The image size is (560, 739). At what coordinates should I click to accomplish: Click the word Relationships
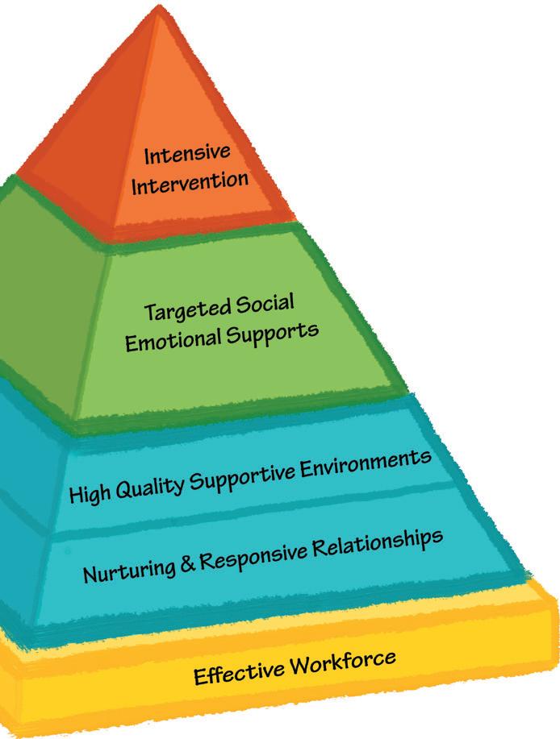click(376, 542)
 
